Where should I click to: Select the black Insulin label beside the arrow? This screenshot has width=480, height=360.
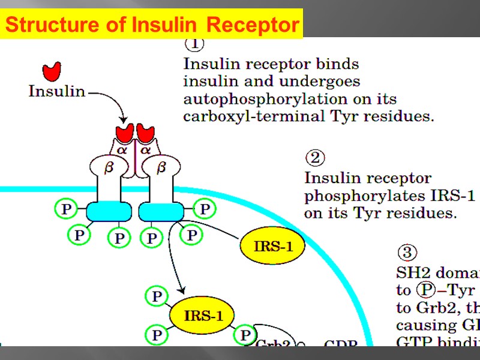pyautogui.click(x=56, y=91)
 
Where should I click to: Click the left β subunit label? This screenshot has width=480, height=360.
pyautogui.click(x=109, y=168)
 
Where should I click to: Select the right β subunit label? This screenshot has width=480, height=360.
pyautogui.click(x=160, y=168)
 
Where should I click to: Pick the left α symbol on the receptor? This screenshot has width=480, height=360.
pyautogui.click(x=122, y=151)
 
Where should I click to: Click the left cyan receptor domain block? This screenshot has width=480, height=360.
pyautogui.click(x=109, y=211)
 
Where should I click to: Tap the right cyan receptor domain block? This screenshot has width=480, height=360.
pyautogui.click(x=161, y=211)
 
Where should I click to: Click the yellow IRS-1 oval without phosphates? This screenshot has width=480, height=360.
pyautogui.click(x=272, y=246)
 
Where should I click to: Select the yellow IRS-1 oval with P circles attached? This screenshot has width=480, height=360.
pyautogui.click(x=200, y=315)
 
